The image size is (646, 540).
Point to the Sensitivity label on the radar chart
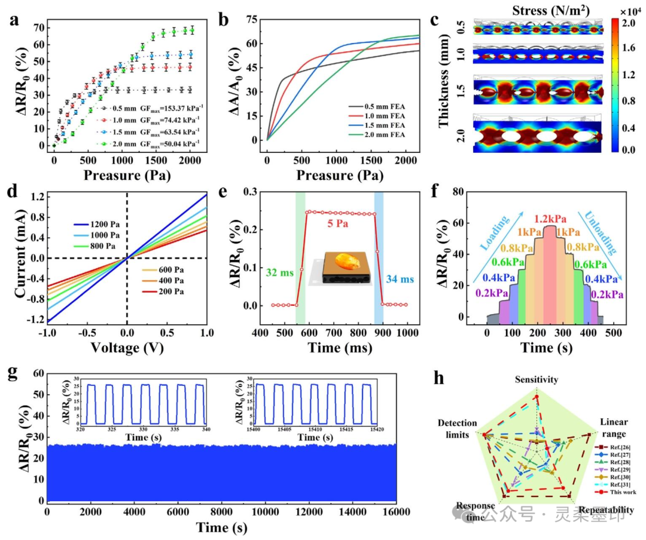[x=537, y=379]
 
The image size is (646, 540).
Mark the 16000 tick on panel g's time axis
[x=395, y=513]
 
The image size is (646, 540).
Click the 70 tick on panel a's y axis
[x=39, y=27]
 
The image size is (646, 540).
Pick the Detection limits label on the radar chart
[x=457, y=429]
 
